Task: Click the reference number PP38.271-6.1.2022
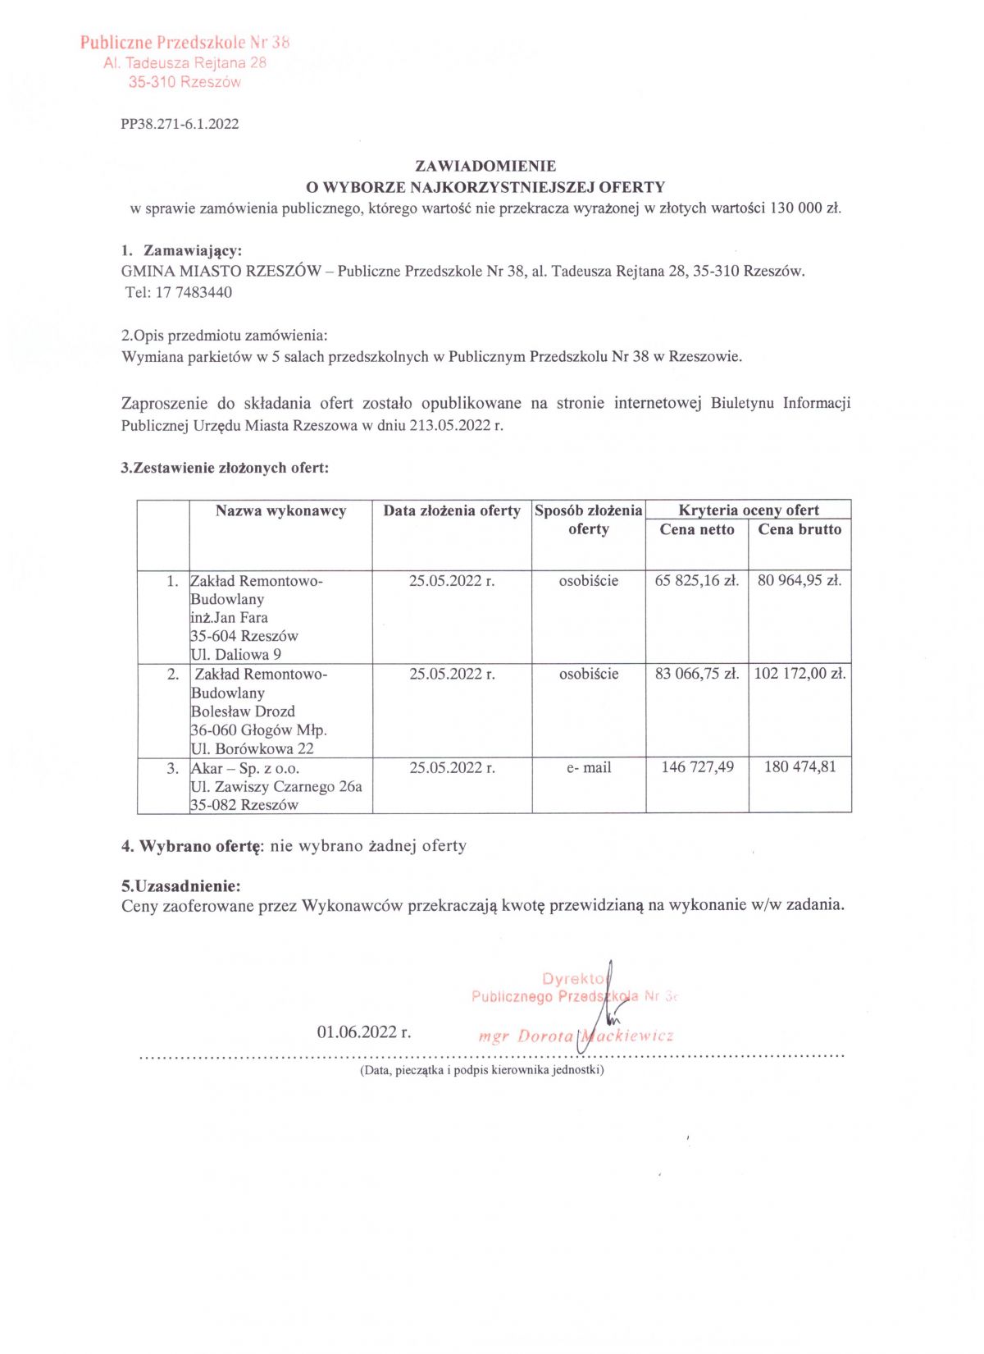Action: [180, 124]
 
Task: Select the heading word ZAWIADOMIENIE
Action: [485, 166]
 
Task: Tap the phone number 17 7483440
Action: [194, 293]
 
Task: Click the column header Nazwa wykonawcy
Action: [280, 511]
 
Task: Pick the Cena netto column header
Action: [697, 530]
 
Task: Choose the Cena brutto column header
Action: [799, 530]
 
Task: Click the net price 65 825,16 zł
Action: [697, 581]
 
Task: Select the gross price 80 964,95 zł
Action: [799, 581]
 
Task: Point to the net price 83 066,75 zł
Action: [697, 675]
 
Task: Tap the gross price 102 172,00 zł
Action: [799, 675]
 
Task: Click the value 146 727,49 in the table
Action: [697, 767]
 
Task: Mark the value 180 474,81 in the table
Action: [799, 767]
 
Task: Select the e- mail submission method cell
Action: [589, 768]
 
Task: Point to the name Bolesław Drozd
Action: [243, 711]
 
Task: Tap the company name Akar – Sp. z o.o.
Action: [245, 769]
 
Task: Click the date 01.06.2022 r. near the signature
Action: [364, 1032]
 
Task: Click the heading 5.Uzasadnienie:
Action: [180, 886]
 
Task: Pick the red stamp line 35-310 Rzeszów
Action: [184, 82]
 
